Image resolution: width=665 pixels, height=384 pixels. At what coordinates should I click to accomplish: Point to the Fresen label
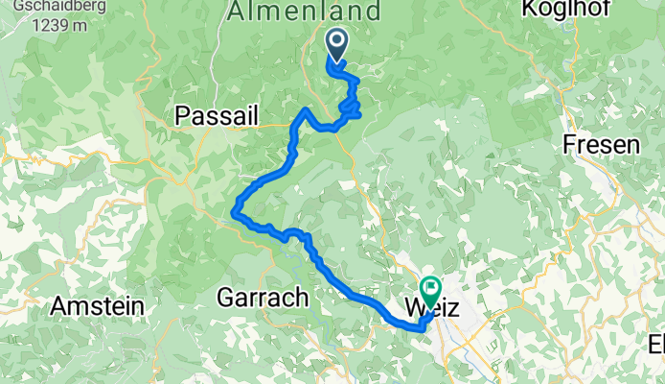tap(601, 145)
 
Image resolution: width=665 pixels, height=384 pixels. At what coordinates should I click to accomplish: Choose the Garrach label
tap(264, 298)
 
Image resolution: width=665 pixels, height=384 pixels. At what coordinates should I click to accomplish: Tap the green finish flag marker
tap(430, 287)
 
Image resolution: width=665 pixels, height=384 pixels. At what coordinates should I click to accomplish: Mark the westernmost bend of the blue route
tap(235, 209)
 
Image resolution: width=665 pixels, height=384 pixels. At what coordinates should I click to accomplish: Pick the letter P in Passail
tap(182, 115)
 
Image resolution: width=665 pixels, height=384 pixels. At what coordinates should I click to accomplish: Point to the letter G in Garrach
tap(226, 298)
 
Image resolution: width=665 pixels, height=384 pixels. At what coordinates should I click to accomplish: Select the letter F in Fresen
tap(568, 145)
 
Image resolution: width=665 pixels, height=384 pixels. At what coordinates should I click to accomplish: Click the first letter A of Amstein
tap(57, 306)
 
